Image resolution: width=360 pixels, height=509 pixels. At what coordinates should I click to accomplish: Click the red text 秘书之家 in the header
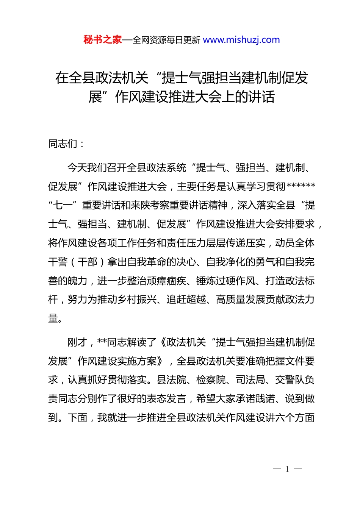103,40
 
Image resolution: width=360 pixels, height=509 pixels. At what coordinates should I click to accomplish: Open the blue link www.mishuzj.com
241,40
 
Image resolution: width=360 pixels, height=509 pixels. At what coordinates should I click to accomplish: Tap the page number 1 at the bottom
287,469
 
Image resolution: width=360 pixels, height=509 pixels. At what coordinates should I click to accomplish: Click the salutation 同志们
63,144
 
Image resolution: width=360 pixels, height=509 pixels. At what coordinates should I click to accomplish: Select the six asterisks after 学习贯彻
301,186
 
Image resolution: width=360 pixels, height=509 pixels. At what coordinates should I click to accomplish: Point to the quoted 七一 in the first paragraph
63,205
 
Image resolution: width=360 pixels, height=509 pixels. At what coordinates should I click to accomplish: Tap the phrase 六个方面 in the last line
295,418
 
